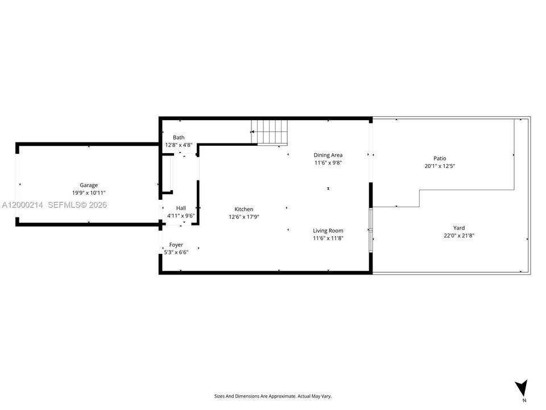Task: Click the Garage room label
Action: coord(89,185)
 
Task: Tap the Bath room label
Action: coord(179,137)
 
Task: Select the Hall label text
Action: coord(181,208)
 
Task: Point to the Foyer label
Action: coord(176,245)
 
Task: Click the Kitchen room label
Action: coord(244,209)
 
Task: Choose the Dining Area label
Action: coord(328,155)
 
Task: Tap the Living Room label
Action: coord(328,231)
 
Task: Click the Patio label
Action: coord(440,158)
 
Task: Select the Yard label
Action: coord(459,228)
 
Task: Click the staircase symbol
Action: coord(270,132)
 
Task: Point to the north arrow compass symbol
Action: coord(522,388)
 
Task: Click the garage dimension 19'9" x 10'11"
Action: coord(89,193)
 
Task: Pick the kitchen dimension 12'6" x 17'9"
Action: coord(244,217)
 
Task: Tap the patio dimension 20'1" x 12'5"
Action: coord(440,166)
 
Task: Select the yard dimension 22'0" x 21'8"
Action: coord(459,235)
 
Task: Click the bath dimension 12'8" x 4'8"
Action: coord(179,145)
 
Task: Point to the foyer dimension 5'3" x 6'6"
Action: coord(176,252)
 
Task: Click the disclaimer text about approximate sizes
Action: coord(272,396)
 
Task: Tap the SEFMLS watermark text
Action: coord(77,205)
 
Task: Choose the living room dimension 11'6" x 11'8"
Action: coord(328,238)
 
